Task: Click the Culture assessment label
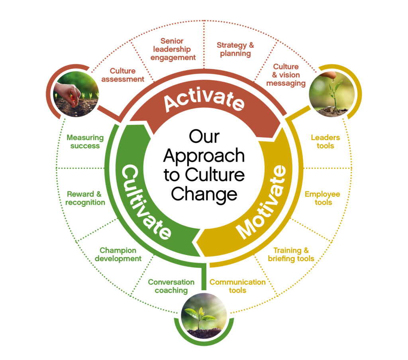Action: point(123,75)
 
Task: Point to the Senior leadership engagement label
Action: point(173,49)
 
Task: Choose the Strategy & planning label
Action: point(235,49)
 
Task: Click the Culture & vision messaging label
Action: point(286,75)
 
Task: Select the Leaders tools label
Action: point(325,142)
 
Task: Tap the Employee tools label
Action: point(322,198)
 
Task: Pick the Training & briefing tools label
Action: point(291,254)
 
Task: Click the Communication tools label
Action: point(237,286)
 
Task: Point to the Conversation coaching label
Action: point(171,286)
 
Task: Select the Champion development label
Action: point(118,254)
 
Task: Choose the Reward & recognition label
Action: point(85,198)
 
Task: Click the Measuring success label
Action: point(85,142)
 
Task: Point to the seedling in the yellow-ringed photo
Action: point(334,94)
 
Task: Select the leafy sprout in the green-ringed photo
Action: point(200,315)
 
